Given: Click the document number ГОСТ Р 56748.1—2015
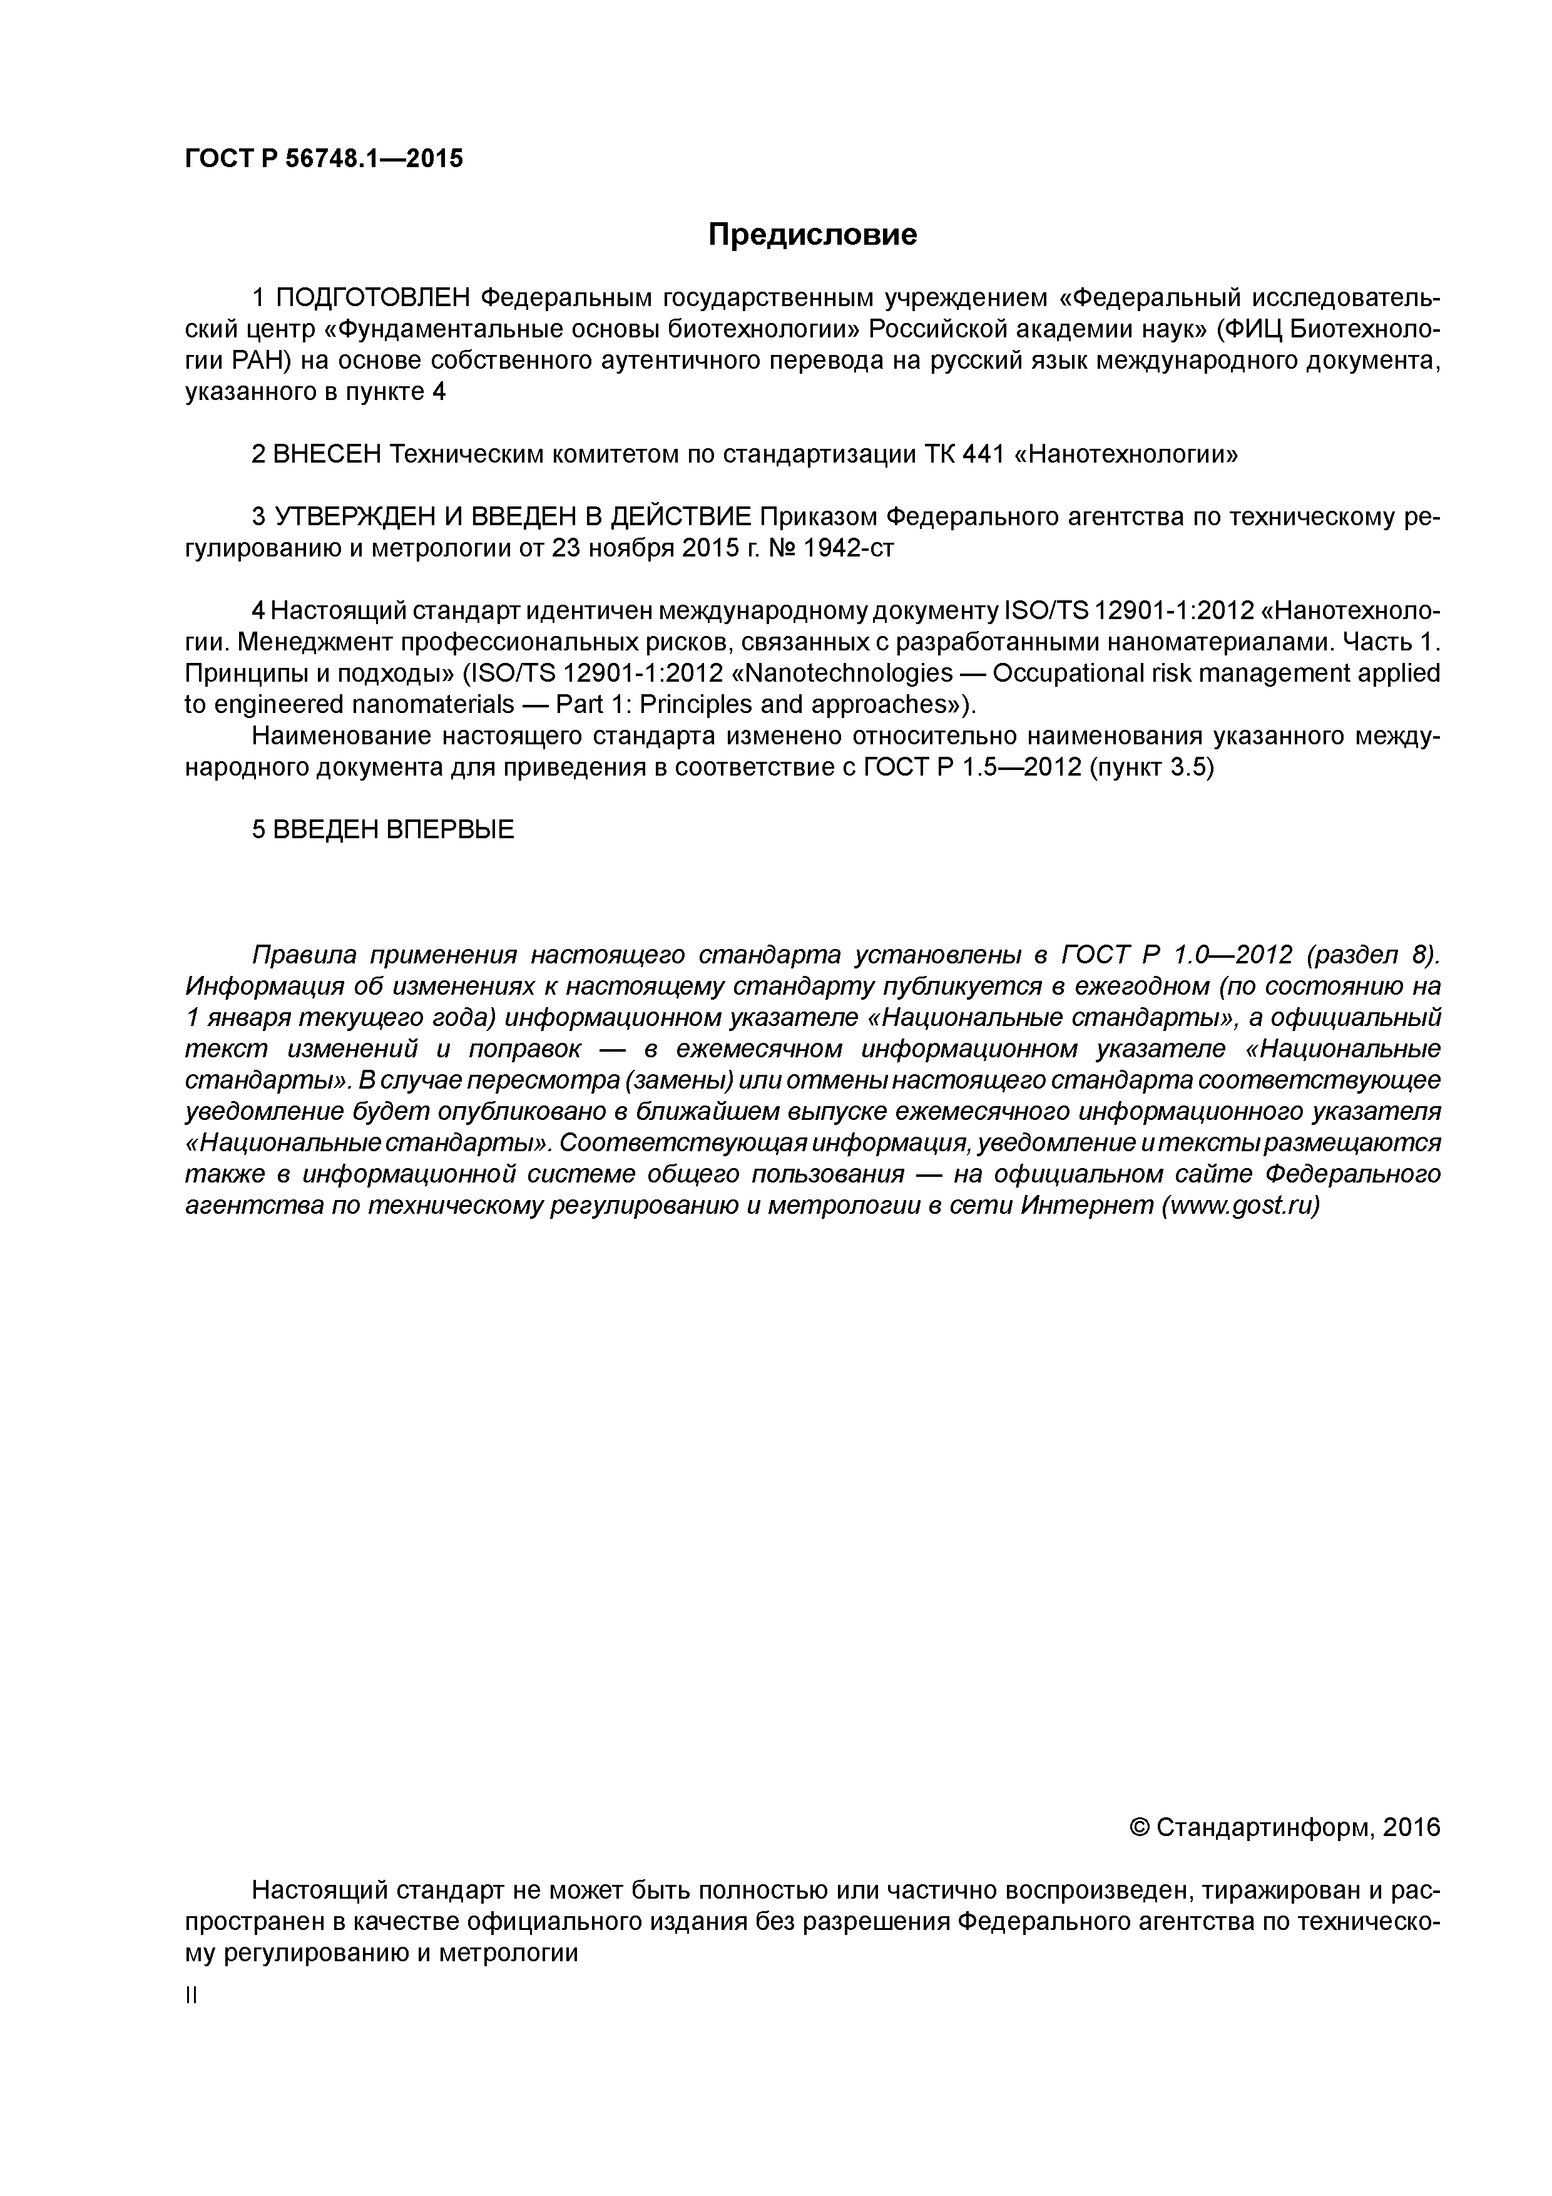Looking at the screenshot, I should (323, 159).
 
